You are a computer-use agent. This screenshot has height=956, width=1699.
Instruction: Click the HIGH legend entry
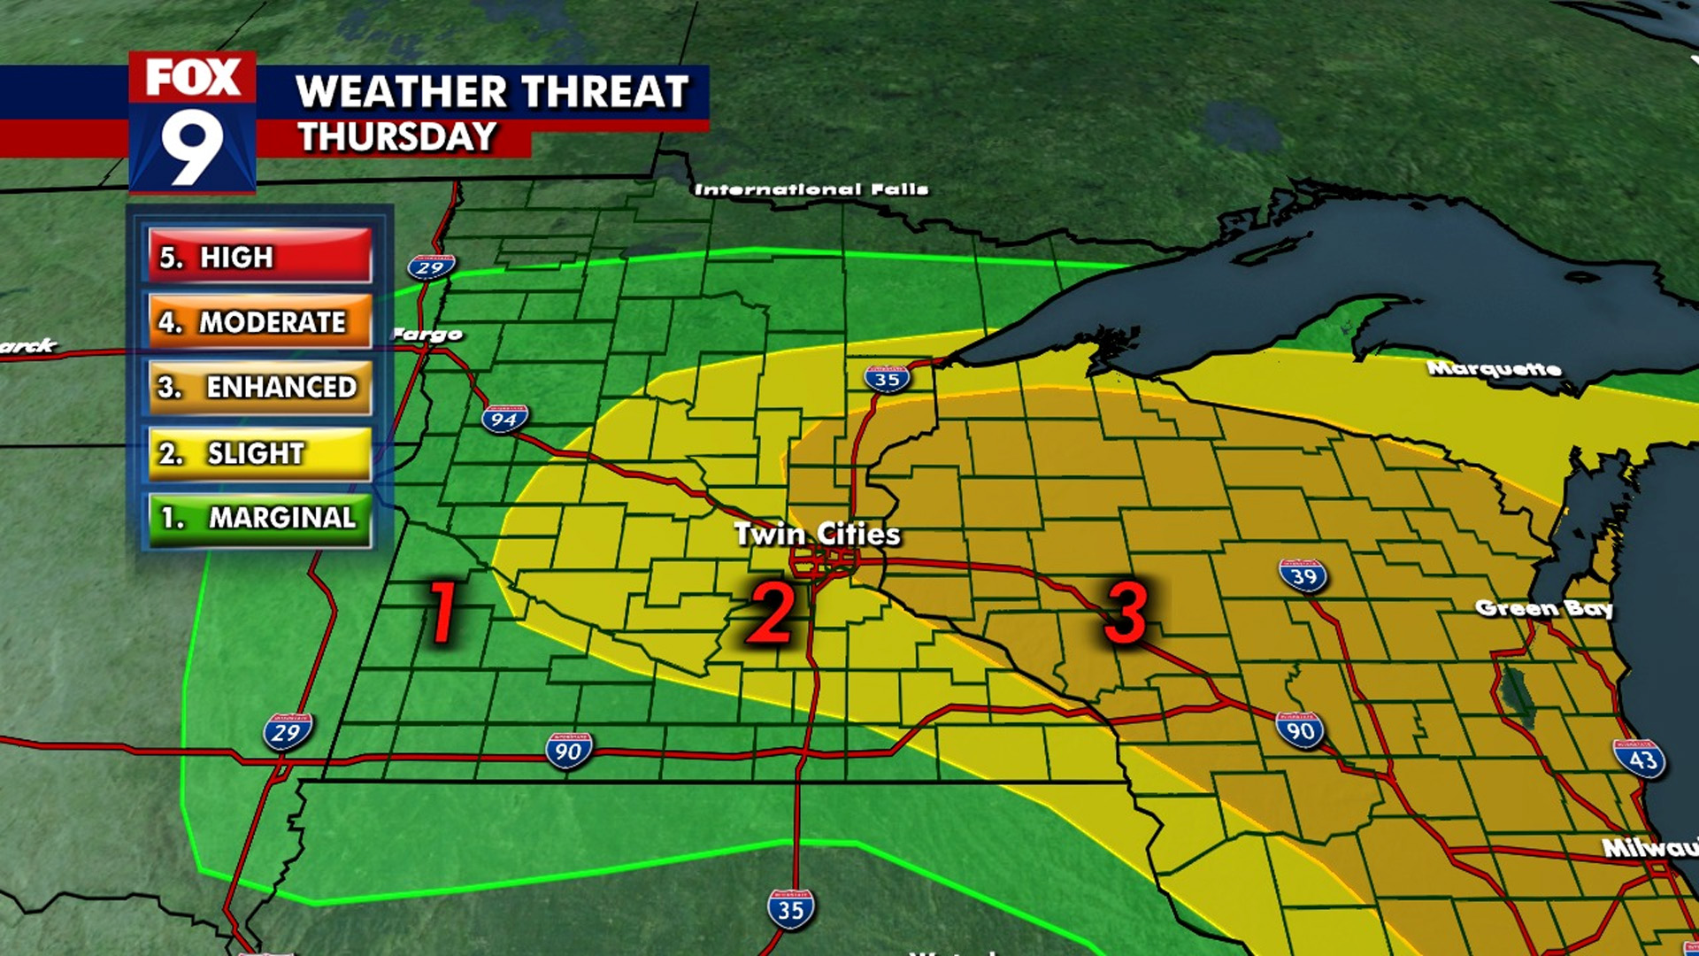(259, 257)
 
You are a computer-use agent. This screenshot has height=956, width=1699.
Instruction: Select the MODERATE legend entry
(259, 322)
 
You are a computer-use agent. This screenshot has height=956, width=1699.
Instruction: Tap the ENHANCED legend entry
(259, 387)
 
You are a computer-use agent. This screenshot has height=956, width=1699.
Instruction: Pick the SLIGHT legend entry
(259, 453)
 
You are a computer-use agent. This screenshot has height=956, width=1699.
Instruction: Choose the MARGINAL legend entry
(259, 518)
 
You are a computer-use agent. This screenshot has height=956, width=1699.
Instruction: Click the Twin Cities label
(817, 534)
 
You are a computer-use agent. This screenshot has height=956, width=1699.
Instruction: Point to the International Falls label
(811, 189)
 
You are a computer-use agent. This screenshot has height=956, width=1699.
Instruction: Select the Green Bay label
(1543, 608)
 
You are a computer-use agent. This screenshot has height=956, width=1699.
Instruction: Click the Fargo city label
(427, 334)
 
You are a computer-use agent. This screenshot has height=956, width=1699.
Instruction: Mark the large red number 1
(442, 612)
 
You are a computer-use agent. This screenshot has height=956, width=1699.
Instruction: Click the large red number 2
(771, 612)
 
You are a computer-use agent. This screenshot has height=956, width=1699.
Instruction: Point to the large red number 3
(1126, 612)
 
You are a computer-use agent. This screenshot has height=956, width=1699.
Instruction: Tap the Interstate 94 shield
(504, 419)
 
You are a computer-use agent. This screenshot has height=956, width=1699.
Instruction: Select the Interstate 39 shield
(1303, 575)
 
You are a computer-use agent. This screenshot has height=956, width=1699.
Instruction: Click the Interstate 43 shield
(1640, 759)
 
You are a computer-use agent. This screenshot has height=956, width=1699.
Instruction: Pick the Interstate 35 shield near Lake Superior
(887, 378)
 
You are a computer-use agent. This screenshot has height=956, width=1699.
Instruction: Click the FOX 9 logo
(192, 122)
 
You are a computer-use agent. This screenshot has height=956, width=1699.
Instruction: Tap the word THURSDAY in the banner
(396, 137)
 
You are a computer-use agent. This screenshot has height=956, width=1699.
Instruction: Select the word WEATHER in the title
(402, 91)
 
